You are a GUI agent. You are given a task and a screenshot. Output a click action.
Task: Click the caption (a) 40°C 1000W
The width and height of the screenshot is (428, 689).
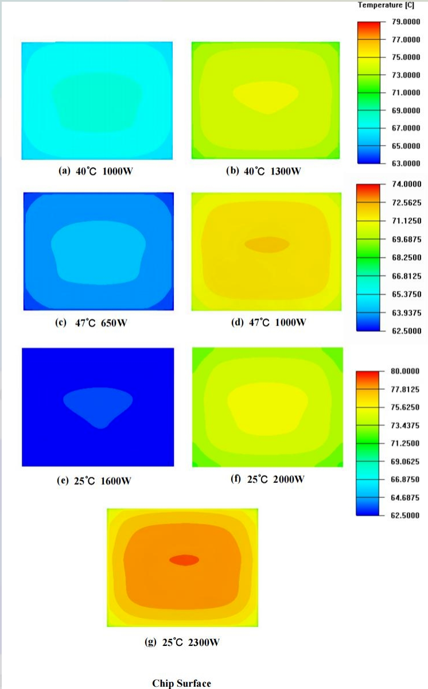pyautogui.click(x=96, y=171)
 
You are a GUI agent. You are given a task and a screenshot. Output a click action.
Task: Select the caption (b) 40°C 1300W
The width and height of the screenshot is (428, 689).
pyautogui.click(x=265, y=171)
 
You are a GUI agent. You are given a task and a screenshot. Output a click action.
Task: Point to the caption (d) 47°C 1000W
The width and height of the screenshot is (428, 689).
pyautogui.click(x=268, y=322)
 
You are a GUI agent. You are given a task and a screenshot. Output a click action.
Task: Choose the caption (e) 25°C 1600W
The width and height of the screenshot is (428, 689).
pyautogui.click(x=94, y=481)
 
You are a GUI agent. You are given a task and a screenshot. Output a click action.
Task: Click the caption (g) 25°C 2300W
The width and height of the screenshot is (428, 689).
pyautogui.click(x=181, y=642)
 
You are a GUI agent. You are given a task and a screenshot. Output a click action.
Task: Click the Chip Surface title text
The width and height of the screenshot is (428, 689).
pyautogui.click(x=181, y=683)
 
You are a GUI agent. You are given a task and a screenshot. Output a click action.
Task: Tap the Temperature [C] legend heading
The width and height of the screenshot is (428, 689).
pyautogui.click(x=386, y=5)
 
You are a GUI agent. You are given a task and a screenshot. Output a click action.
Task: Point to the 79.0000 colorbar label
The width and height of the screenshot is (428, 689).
pyautogui.click(x=406, y=22)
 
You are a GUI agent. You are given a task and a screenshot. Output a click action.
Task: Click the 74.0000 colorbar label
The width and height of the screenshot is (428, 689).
pyautogui.click(x=406, y=184)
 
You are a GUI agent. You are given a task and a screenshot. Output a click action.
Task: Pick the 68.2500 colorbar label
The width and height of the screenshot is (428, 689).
pyautogui.click(x=406, y=258)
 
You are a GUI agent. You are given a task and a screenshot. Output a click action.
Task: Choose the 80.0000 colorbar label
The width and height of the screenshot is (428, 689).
pyautogui.click(x=406, y=371)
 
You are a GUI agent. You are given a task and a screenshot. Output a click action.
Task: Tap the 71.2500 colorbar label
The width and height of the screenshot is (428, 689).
pyautogui.click(x=406, y=443)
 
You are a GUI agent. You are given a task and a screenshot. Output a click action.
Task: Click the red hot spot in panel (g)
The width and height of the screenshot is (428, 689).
pyautogui.click(x=184, y=559)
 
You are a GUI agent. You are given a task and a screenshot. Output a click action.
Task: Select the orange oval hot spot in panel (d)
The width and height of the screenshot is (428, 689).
pyautogui.click(x=267, y=245)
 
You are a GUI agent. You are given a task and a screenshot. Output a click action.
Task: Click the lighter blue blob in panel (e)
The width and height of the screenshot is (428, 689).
pyautogui.click(x=98, y=403)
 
